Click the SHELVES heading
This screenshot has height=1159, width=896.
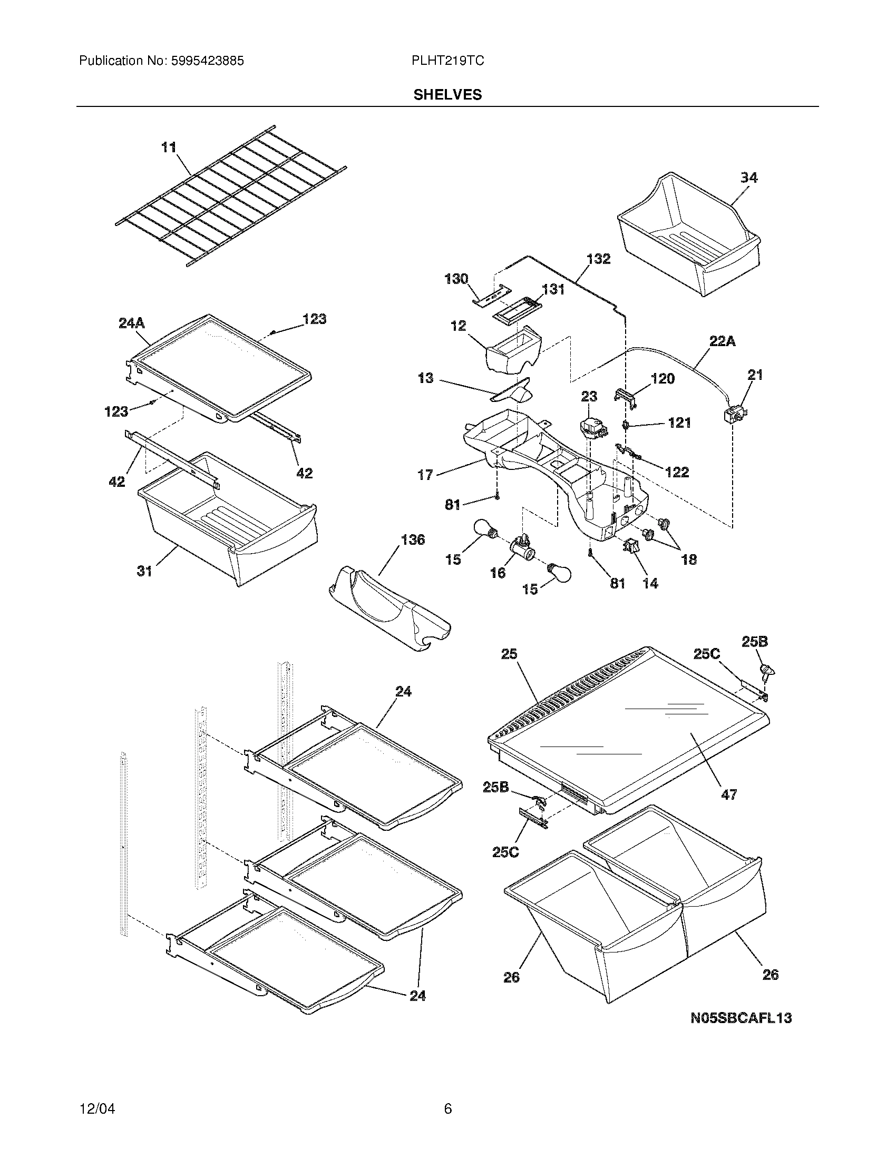(447, 94)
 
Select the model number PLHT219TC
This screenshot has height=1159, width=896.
(447, 61)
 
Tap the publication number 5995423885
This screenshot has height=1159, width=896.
(207, 61)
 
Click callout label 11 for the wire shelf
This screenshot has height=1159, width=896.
(169, 147)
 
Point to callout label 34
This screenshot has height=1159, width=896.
(749, 177)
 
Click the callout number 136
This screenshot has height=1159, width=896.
(413, 539)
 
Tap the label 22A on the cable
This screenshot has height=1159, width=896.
(723, 341)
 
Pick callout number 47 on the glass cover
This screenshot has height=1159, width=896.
(729, 809)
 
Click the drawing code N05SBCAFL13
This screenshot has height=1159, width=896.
(741, 1018)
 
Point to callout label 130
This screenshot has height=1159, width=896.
(456, 279)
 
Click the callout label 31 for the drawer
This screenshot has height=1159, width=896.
(145, 571)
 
